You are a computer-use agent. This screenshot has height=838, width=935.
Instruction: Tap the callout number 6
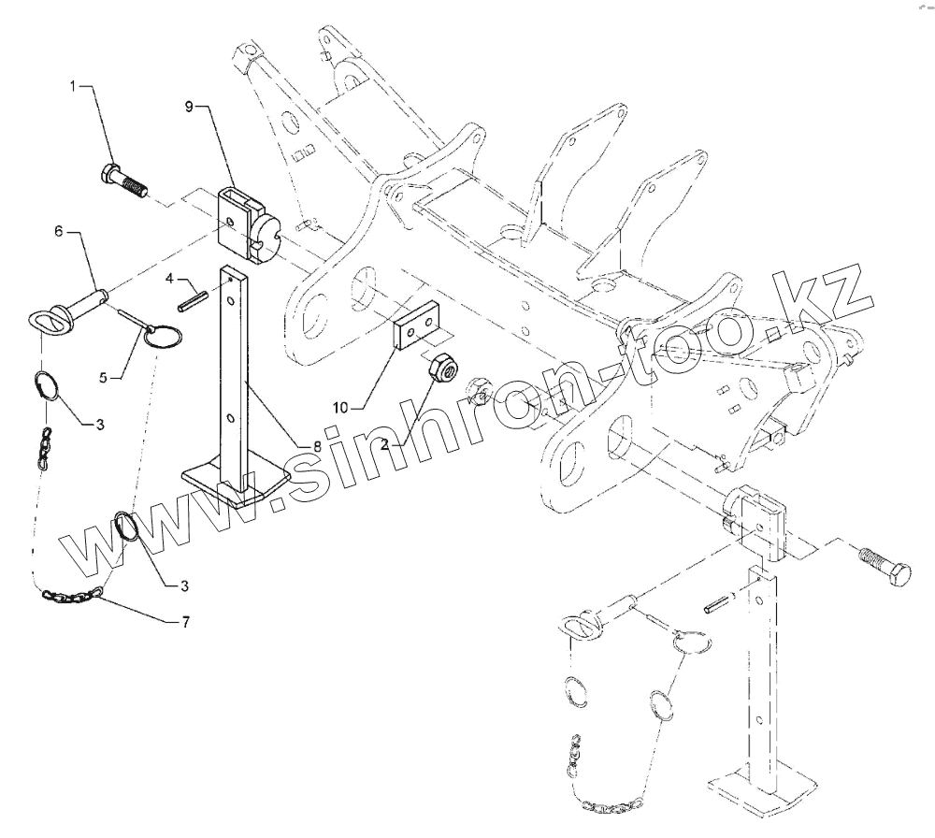(x=59, y=231)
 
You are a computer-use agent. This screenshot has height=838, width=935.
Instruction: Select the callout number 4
(x=170, y=278)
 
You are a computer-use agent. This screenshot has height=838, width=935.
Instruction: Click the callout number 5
(x=105, y=377)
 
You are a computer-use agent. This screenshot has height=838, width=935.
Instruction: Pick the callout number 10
(x=341, y=407)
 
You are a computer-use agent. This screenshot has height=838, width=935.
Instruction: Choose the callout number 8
(x=317, y=446)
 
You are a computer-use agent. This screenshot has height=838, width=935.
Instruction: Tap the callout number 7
(x=185, y=622)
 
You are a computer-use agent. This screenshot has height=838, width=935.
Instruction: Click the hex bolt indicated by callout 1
(x=123, y=180)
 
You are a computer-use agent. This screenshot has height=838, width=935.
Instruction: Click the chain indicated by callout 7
(x=73, y=593)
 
